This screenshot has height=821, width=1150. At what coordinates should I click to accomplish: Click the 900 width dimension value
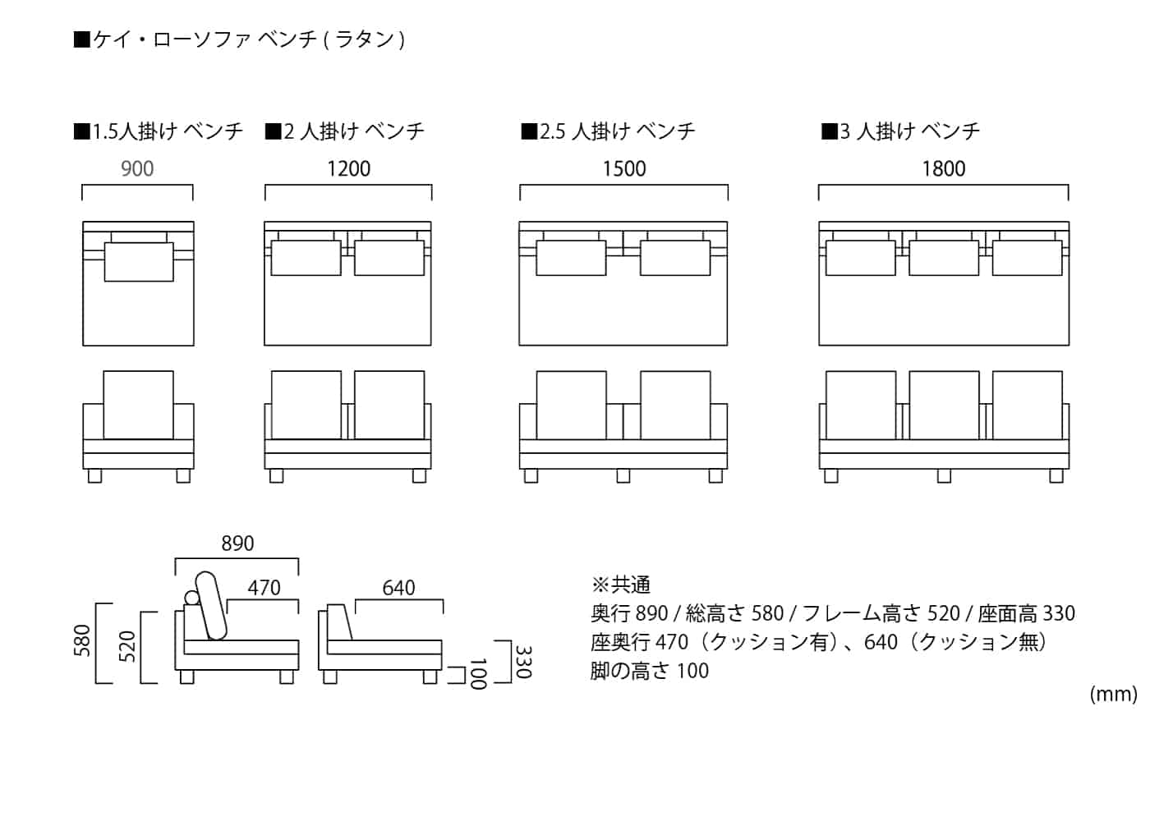[x=137, y=169]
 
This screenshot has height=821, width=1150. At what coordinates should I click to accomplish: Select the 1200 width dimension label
[x=348, y=169]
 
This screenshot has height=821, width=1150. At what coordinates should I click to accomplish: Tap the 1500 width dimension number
[x=624, y=169]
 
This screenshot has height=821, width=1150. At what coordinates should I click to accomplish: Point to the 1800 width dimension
[x=943, y=169]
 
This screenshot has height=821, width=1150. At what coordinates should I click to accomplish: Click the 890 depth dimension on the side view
[x=237, y=544]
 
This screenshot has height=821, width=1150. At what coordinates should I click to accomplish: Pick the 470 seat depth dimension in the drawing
[x=264, y=588]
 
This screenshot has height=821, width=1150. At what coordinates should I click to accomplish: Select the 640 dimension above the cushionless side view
[x=398, y=588]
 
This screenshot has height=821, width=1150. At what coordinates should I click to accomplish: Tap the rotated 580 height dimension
[x=83, y=640]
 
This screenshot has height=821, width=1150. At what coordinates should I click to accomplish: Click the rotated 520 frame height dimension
[x=127, y=646]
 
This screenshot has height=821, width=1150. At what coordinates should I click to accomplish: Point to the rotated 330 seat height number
[x=522, y=662]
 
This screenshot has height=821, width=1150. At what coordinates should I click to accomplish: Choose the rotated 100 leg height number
[x=477, y=673]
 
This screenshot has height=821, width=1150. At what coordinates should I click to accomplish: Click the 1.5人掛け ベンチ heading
[x=159, y=131]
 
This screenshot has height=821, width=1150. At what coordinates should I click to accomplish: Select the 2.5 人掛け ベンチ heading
[x=608, y=131]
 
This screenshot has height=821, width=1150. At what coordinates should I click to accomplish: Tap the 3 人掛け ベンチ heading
[x=901, y=131]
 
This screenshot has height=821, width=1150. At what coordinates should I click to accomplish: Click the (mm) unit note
[x=1113, y=695]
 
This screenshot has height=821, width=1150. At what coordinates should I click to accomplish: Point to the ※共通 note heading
[x=621, y=585]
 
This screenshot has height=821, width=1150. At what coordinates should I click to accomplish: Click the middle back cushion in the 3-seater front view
[x=944, y=405]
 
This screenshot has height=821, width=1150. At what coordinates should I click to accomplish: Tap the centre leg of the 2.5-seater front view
[x=623, y=475]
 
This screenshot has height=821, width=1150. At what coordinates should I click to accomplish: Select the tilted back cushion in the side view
[x=211, y=604]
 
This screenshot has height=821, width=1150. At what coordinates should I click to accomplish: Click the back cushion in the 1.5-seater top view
[x=139, y=261]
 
